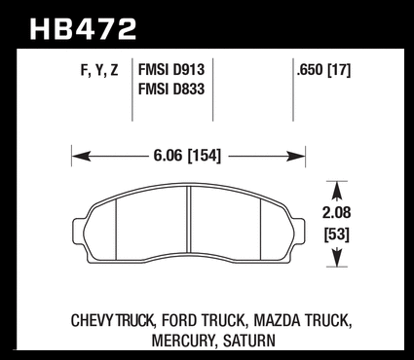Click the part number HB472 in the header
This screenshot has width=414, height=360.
point(83,29)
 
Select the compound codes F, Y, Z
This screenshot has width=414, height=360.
point(99,70)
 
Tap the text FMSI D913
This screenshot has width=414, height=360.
point(171,70)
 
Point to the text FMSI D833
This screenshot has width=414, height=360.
point(171,89)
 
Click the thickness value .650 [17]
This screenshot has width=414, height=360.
point(323,70)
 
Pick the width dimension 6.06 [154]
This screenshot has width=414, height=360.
point(187,156)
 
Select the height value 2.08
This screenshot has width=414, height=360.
point(337,213)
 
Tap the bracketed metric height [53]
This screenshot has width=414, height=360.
point(337,234)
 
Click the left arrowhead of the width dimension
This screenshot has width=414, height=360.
point(81,157)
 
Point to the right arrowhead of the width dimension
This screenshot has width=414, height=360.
point(296,157)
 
